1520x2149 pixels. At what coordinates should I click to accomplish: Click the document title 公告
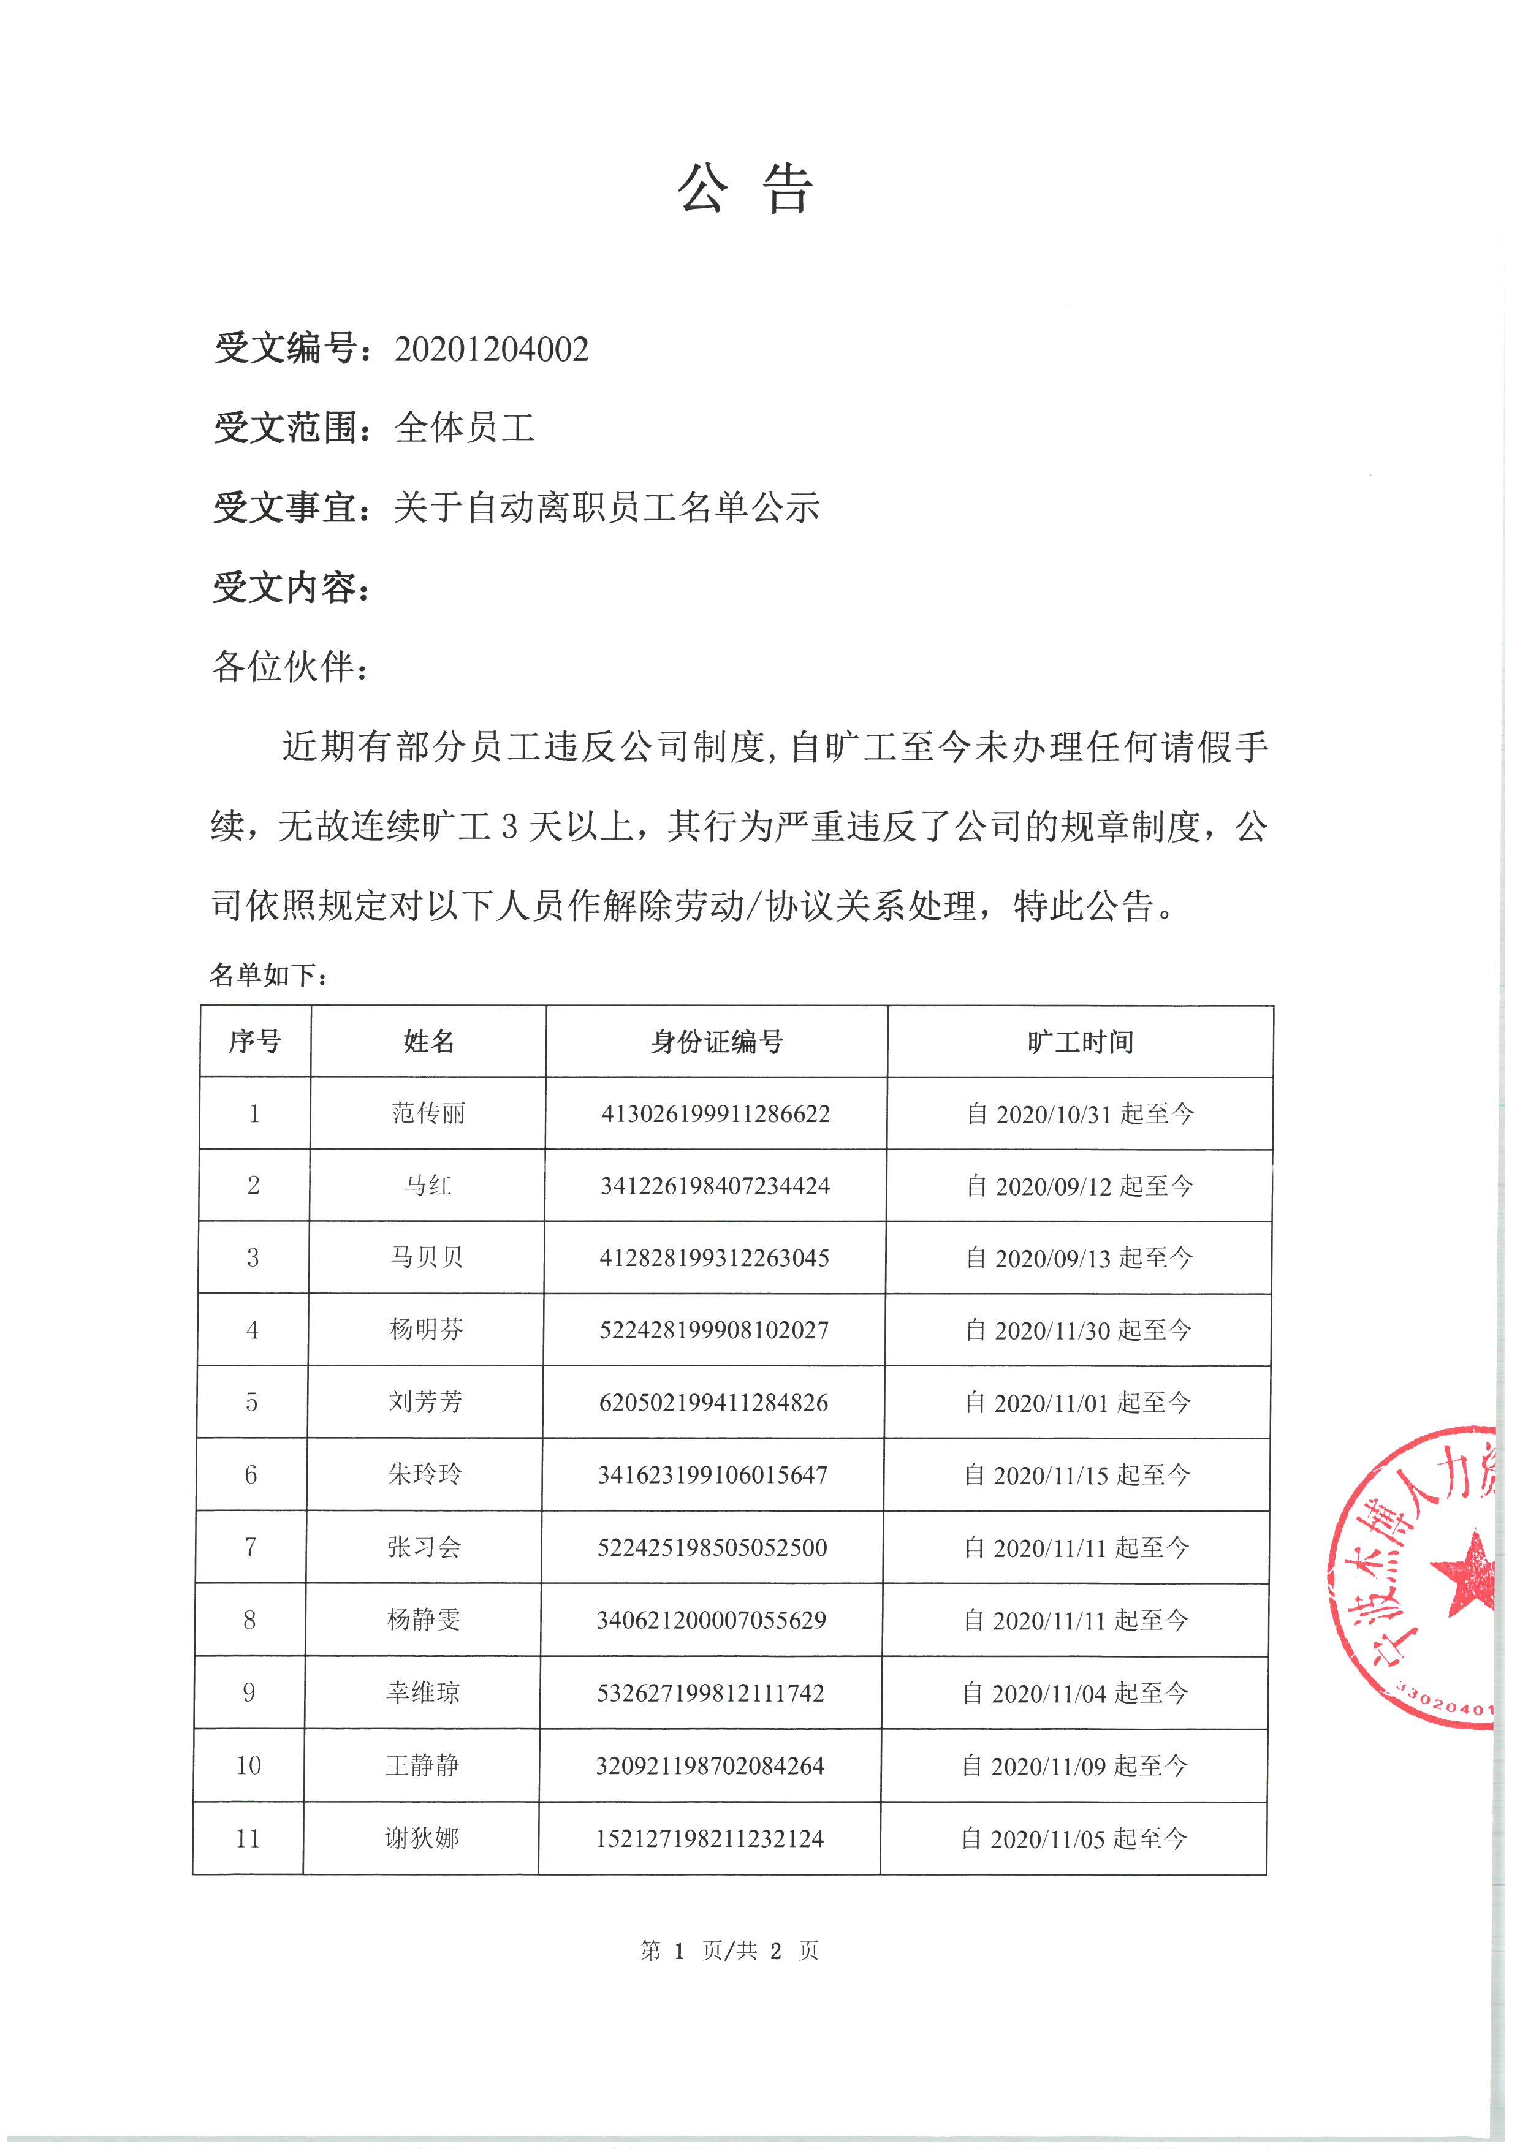(745, 189)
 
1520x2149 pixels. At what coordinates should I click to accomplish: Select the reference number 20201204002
(492, 349)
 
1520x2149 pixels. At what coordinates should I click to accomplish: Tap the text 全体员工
(464, 428)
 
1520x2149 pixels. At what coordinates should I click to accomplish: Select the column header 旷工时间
(1080, 1042)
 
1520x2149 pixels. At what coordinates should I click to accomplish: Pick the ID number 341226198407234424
(715, 1186)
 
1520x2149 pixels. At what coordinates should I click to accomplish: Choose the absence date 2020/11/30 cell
(1078, 1330)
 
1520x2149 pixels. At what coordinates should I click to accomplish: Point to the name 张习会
(424, 1547)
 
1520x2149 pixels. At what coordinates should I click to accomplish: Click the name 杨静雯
(424, 1620)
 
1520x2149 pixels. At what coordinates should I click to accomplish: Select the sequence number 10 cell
(248, 1765)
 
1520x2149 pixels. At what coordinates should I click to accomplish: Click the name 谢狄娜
(422, 1838)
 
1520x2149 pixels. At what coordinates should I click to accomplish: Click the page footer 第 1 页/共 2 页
(729, 1950)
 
